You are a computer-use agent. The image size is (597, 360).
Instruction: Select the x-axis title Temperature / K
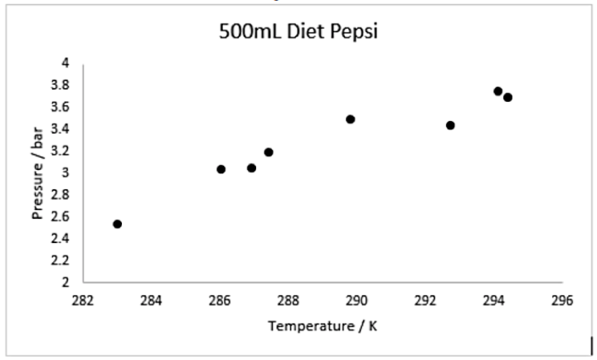(323, 325)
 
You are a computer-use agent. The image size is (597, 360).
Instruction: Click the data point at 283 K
(118, 224)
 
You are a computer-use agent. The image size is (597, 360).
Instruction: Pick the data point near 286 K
(221, 169)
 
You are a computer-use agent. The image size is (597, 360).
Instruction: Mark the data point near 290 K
(351, 119)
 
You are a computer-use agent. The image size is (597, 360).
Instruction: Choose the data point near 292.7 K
(450, 125)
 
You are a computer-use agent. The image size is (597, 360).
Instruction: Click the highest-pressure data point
(498, 91)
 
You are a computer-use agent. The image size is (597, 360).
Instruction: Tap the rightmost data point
(508, 97)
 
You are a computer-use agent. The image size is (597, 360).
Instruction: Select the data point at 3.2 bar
(269, 152)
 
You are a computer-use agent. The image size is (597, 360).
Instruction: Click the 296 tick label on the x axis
(561, 299)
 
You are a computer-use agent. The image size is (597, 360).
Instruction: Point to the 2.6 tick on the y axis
(62, 216)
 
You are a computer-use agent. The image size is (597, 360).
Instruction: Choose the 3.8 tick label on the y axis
(62, 85)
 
